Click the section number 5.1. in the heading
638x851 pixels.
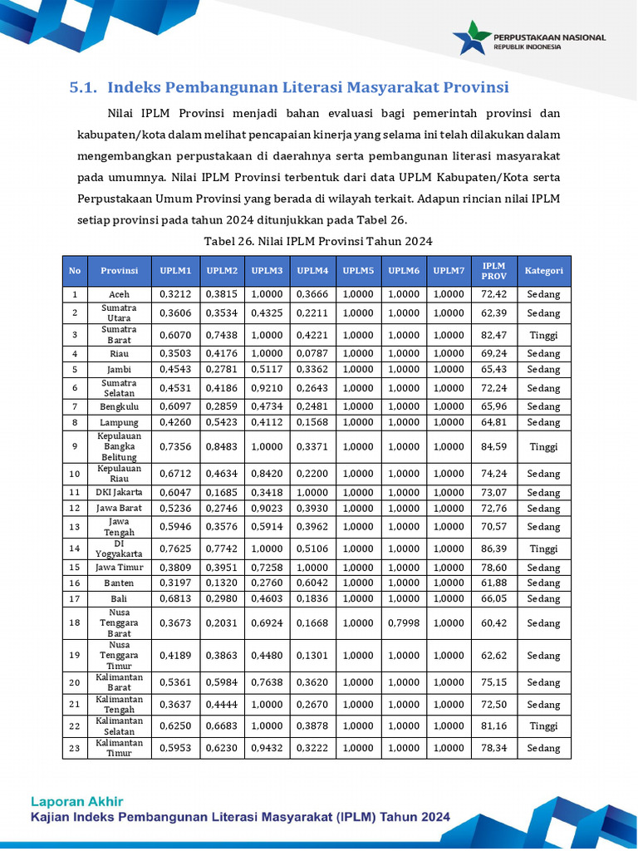84,87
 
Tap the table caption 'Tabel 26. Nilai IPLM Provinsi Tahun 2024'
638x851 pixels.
318,241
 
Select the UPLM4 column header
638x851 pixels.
312,271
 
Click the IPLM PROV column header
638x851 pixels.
493,271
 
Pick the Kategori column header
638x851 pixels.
543,271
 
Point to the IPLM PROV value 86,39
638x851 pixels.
493,548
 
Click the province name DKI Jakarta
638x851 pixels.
119,492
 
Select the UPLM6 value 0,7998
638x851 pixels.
404,622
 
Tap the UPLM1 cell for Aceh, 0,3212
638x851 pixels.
175,294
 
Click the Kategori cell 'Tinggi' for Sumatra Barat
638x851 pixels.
543,335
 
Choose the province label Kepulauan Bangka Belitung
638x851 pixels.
119,446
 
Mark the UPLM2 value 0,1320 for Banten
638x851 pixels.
222,583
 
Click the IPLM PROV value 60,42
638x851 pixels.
493,622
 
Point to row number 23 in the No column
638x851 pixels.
75,748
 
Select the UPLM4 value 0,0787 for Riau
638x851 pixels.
312,353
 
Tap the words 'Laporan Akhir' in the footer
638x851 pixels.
76,801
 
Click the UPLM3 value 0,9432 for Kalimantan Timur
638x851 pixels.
267,748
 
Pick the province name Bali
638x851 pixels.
119,598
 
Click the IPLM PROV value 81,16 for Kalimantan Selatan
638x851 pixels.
493,726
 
